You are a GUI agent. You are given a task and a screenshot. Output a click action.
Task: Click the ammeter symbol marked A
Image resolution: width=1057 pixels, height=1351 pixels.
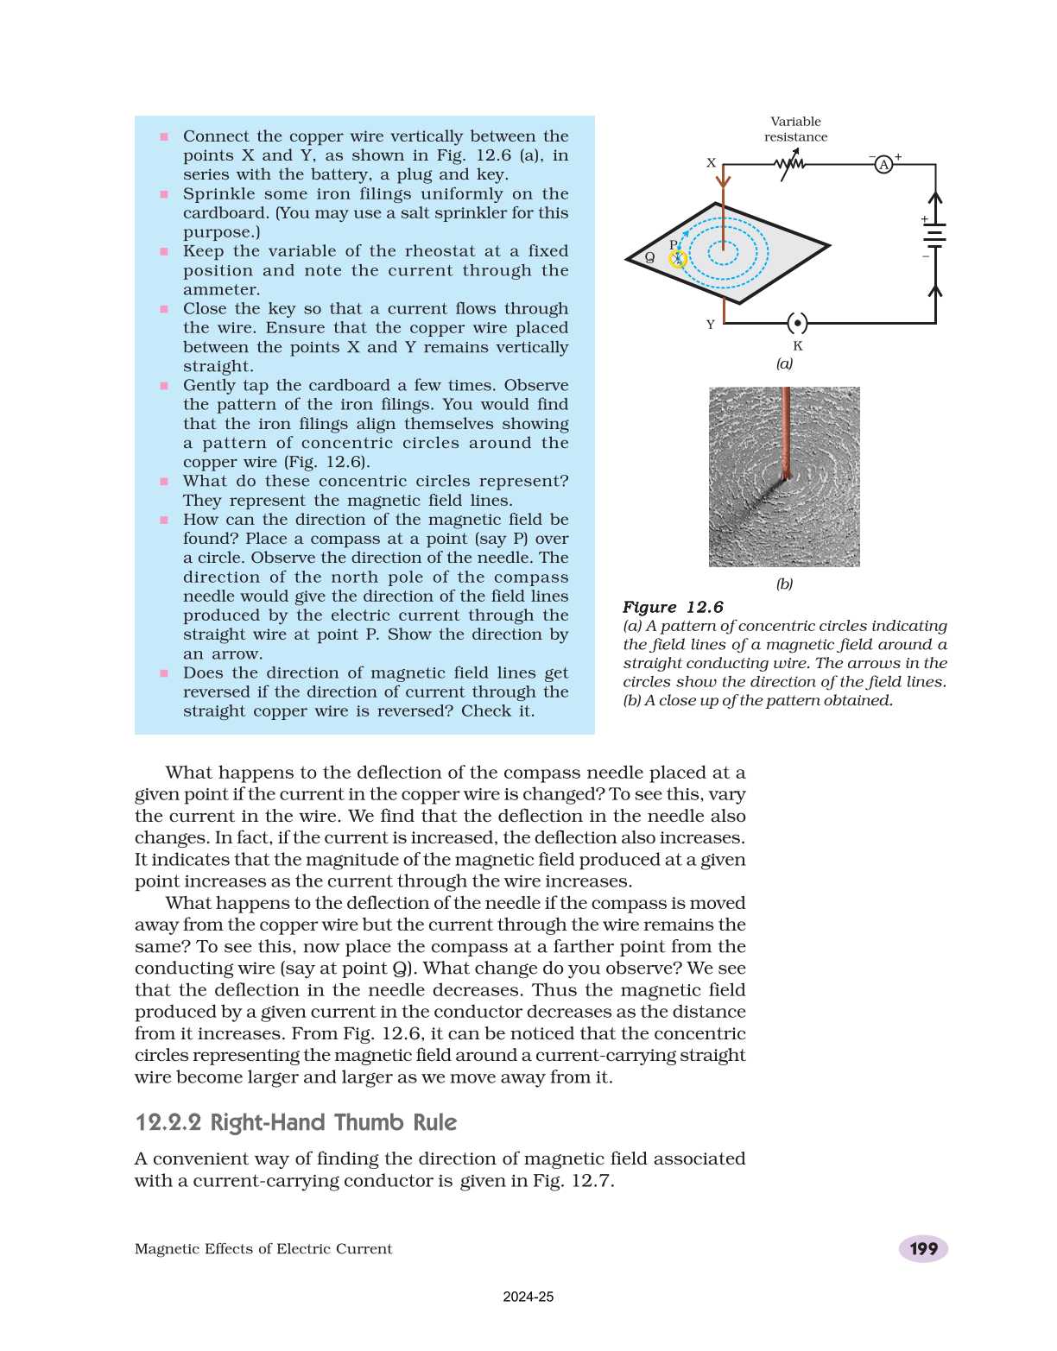[x=883, y=164]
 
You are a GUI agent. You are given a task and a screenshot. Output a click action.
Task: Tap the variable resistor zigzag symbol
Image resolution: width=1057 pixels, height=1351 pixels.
[x=789, y=163]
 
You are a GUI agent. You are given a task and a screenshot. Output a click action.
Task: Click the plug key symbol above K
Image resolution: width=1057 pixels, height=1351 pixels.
[x=798, y=324]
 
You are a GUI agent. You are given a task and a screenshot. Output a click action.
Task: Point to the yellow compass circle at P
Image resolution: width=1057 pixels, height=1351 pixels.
[x=678, y=258]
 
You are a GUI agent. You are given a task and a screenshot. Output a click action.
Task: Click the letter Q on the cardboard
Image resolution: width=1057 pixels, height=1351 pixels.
[x=650, y=257]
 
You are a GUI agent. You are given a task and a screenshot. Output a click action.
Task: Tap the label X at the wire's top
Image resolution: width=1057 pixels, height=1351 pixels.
[x=711, y=162]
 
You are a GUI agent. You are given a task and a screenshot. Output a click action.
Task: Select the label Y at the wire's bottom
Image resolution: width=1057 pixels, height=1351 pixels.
[x=711, y=325]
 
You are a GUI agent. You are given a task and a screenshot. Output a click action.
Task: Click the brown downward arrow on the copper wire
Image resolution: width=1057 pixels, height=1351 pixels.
[x=724, y=180]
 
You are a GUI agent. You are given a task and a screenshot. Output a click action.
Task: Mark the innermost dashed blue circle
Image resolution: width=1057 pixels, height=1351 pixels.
[x=724, y=252]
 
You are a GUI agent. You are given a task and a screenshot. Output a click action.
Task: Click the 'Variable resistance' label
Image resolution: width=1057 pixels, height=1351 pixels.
[x=795, y=129]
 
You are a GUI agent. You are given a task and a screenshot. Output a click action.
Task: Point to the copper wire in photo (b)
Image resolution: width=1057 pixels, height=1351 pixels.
[x=786, y=432]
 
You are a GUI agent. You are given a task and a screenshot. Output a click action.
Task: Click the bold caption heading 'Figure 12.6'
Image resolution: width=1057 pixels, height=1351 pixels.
[x=673, y=607]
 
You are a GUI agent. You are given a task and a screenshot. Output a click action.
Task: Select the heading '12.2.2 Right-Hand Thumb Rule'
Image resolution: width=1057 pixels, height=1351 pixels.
[x=296, y=1122]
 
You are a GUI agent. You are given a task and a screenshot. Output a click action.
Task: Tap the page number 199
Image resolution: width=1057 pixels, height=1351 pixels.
[x=923, y=1248]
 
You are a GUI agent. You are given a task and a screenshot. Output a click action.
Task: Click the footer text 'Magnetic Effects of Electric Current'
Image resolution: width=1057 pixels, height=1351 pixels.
[x=263, y=1249]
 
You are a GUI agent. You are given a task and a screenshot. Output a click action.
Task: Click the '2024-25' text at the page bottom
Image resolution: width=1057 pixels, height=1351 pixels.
[x=528, y=1297]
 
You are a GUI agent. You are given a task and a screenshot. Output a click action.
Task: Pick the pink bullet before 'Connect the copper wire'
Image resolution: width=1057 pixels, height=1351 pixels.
[x=164, y=136]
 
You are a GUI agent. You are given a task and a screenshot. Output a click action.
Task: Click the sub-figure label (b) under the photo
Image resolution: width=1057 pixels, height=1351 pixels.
[x=784, y=584]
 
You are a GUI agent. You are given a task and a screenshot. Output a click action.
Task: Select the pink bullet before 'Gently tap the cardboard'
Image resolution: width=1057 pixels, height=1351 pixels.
[x=164, y=386]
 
